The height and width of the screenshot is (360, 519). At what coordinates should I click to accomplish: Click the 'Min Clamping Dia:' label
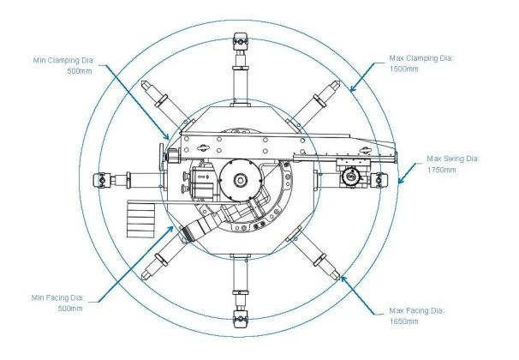point(64,60)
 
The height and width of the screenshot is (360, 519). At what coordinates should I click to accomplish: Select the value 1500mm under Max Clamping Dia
point(404,69)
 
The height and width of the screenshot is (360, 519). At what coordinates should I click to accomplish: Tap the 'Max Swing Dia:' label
point(453,159)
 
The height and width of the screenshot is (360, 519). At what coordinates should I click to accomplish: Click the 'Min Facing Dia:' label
point(58,297)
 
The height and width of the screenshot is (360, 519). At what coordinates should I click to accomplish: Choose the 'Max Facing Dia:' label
point(416,310)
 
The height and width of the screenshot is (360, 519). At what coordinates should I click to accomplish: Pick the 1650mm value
point(404,321)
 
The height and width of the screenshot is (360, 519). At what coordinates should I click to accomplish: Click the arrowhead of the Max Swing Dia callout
point(401,181)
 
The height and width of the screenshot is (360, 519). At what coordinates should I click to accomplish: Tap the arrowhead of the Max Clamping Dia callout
point(353,88)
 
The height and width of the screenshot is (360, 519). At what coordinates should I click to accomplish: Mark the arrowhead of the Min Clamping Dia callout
point(166,136)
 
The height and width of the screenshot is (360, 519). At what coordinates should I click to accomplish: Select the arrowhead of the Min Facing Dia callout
point(170,229)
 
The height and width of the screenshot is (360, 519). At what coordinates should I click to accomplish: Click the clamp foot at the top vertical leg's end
point(240,41)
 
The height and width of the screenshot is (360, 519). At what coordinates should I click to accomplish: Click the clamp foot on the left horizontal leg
point(102,180)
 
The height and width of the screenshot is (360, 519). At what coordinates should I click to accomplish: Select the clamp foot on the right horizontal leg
point(379,180)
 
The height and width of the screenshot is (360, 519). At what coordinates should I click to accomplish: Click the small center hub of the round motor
point(240,180)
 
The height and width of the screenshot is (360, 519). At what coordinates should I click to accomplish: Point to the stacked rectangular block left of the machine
point(141,220)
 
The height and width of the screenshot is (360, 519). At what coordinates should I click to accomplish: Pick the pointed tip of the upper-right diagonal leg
point(337,83)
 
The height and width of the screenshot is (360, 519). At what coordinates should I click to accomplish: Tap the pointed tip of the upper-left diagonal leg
point(143,83)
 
